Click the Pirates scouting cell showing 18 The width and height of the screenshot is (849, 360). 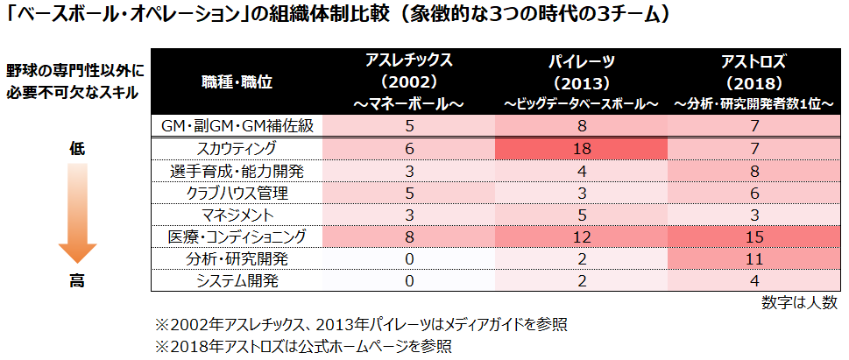point(581,148)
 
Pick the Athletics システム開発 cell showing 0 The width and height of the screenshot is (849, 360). point(408,281)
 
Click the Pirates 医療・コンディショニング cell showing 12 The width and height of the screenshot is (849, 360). point(581,236)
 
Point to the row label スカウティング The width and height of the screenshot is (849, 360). point(237,148)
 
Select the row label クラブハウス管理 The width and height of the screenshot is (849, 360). point(237,193)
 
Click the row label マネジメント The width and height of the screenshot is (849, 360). point(237,215)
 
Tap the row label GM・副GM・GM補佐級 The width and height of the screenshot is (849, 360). point(237,126)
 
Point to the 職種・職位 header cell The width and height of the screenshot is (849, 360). point(237,82)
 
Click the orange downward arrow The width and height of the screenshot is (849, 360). point(76,215)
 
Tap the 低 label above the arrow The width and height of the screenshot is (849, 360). point(76,148)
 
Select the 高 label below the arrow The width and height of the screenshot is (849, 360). point(76,281)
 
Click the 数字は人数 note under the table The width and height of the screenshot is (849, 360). point(800,303)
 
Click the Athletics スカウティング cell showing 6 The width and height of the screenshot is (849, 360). point(408,148)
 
